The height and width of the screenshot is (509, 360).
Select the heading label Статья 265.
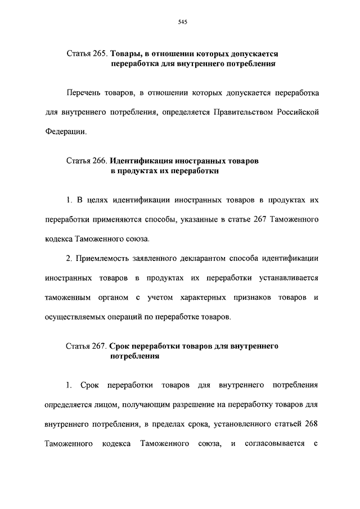pos(86,55)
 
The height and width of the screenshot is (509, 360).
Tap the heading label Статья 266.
pos(86,161)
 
